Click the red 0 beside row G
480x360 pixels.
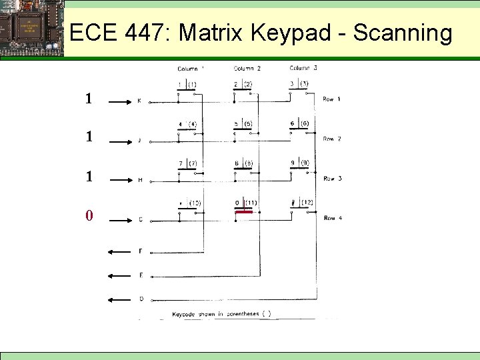(x=89, y=217)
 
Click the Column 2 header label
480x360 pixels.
(x=247, y=68)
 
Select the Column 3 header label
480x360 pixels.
(x=303, y=67)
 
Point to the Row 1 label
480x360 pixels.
(x=332, y=99)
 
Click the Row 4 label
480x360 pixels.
(x=332, y=218)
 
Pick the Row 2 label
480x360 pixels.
(x=332, y=139)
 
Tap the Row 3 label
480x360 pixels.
(x=332, y=179)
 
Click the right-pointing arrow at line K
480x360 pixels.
(x=121, y=102)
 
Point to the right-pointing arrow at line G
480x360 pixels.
(x=121, y=218)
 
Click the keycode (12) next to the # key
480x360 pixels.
(x=305, y=202)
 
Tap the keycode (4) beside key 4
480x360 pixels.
(x=193, y=124)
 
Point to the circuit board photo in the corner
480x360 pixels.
(x=31, y=28)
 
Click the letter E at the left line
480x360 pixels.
(x=140, y=275)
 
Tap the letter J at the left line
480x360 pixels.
(x=139, y=140)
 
